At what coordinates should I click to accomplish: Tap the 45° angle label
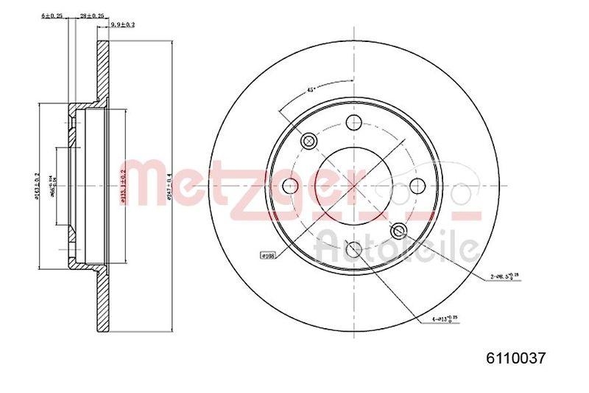311,89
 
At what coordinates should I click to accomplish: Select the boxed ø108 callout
269,255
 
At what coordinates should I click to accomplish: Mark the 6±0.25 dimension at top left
52,15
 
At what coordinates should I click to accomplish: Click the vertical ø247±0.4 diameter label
169,186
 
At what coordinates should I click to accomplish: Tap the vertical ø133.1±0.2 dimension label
122,186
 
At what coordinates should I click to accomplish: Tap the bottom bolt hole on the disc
353,248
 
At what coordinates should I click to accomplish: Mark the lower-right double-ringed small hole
398,230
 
